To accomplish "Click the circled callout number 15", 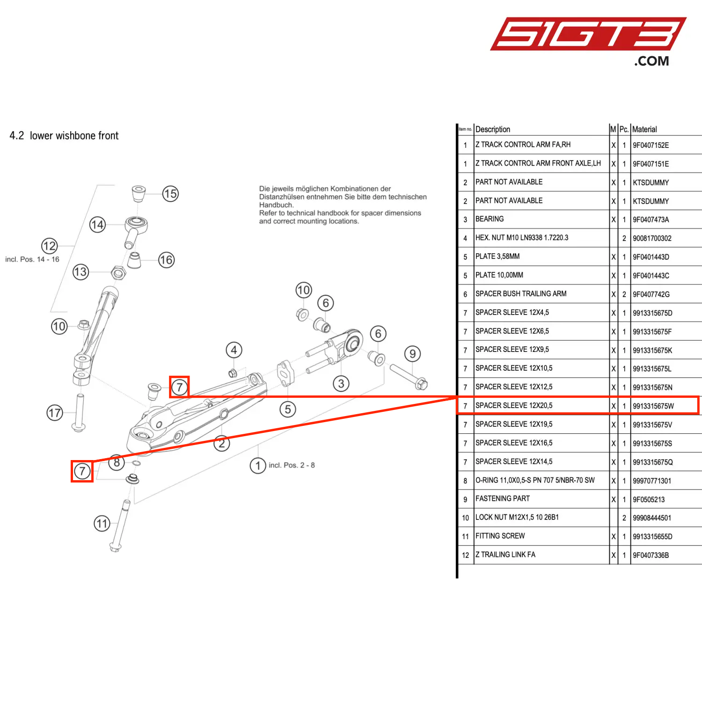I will point(170,194).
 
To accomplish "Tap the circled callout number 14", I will point(97,225).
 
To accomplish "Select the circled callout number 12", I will point(50,246).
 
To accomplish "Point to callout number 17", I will point(55,413).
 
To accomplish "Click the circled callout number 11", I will point(102,523).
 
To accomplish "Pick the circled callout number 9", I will point(412,354).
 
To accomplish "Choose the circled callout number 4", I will point(234,350).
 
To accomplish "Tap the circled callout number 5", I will point(288,409).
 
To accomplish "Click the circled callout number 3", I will point(341,384).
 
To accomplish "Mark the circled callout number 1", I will point(257,466).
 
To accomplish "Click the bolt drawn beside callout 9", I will point(408,377).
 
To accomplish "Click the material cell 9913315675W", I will point(653,406).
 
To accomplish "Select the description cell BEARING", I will point(490,219).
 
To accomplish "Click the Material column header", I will point(644,129).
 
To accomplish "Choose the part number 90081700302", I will point(652,238).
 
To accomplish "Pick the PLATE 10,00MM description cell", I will point(499,275).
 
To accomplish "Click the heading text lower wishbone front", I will point(74,136).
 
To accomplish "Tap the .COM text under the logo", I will point(651,61).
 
